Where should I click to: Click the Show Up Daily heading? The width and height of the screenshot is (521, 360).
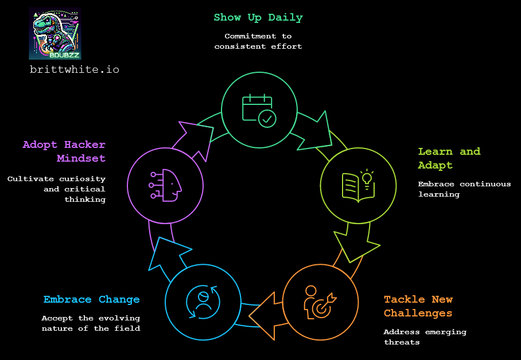pos(258,17)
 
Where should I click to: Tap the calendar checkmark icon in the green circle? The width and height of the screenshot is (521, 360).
pos(259,109)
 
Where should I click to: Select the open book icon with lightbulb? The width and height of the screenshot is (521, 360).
pos(357,185)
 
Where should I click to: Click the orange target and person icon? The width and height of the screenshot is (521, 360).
pos(320,301)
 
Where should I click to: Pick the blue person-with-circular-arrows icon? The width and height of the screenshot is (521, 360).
pos(203,301)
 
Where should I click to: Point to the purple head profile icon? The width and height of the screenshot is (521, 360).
pos(166,185)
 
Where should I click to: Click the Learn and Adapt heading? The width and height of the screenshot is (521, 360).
pos(449,158)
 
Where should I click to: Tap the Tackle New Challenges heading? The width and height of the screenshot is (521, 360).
pos(418,306)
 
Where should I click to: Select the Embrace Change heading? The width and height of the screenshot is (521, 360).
pos(91,299)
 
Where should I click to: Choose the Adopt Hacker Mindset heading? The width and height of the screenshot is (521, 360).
pos(64,151)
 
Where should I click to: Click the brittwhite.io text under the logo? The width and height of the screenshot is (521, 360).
pos(75,69)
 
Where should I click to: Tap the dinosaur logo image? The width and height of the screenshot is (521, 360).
pos(55,34)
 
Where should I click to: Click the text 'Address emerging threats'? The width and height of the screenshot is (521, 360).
pos(425,337)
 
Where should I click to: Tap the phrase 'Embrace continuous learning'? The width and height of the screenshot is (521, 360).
pos(464,189)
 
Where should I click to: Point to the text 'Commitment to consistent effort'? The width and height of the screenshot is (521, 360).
pos(258,41)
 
